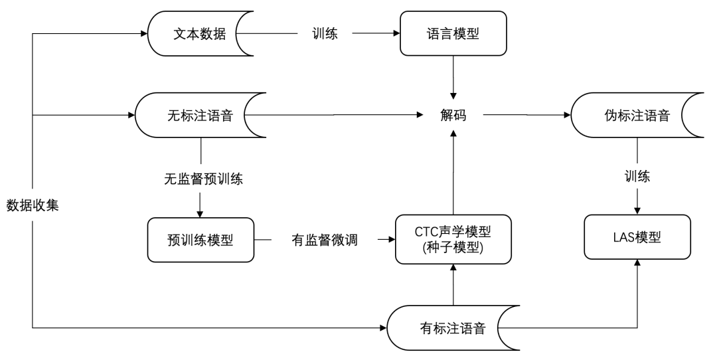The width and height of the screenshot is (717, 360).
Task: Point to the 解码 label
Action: (453, 116)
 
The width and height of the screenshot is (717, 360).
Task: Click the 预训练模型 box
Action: (200, 240)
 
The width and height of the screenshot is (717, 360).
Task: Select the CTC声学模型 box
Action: (453, 238)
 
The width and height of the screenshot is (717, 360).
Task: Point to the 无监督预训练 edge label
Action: (200, 179)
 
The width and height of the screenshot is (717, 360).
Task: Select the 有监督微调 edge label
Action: (325, 240)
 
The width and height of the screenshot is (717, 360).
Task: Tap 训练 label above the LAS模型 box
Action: (637, 177)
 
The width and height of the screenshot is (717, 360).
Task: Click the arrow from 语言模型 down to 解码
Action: (453, 76)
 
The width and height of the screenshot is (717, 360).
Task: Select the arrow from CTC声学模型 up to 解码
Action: (453, 173)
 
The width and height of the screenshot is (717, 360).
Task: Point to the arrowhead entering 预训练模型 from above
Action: (200, 213)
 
